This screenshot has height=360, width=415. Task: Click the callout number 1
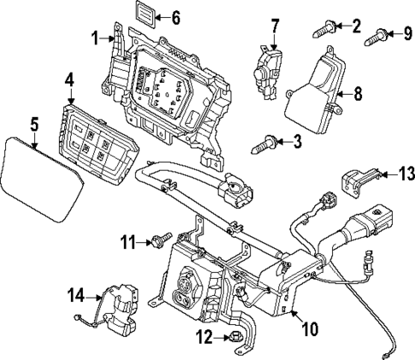(x=96, y=37)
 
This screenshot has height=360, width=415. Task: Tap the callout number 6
(x=175, y=17)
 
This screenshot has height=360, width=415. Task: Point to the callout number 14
(x=75, y=296)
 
